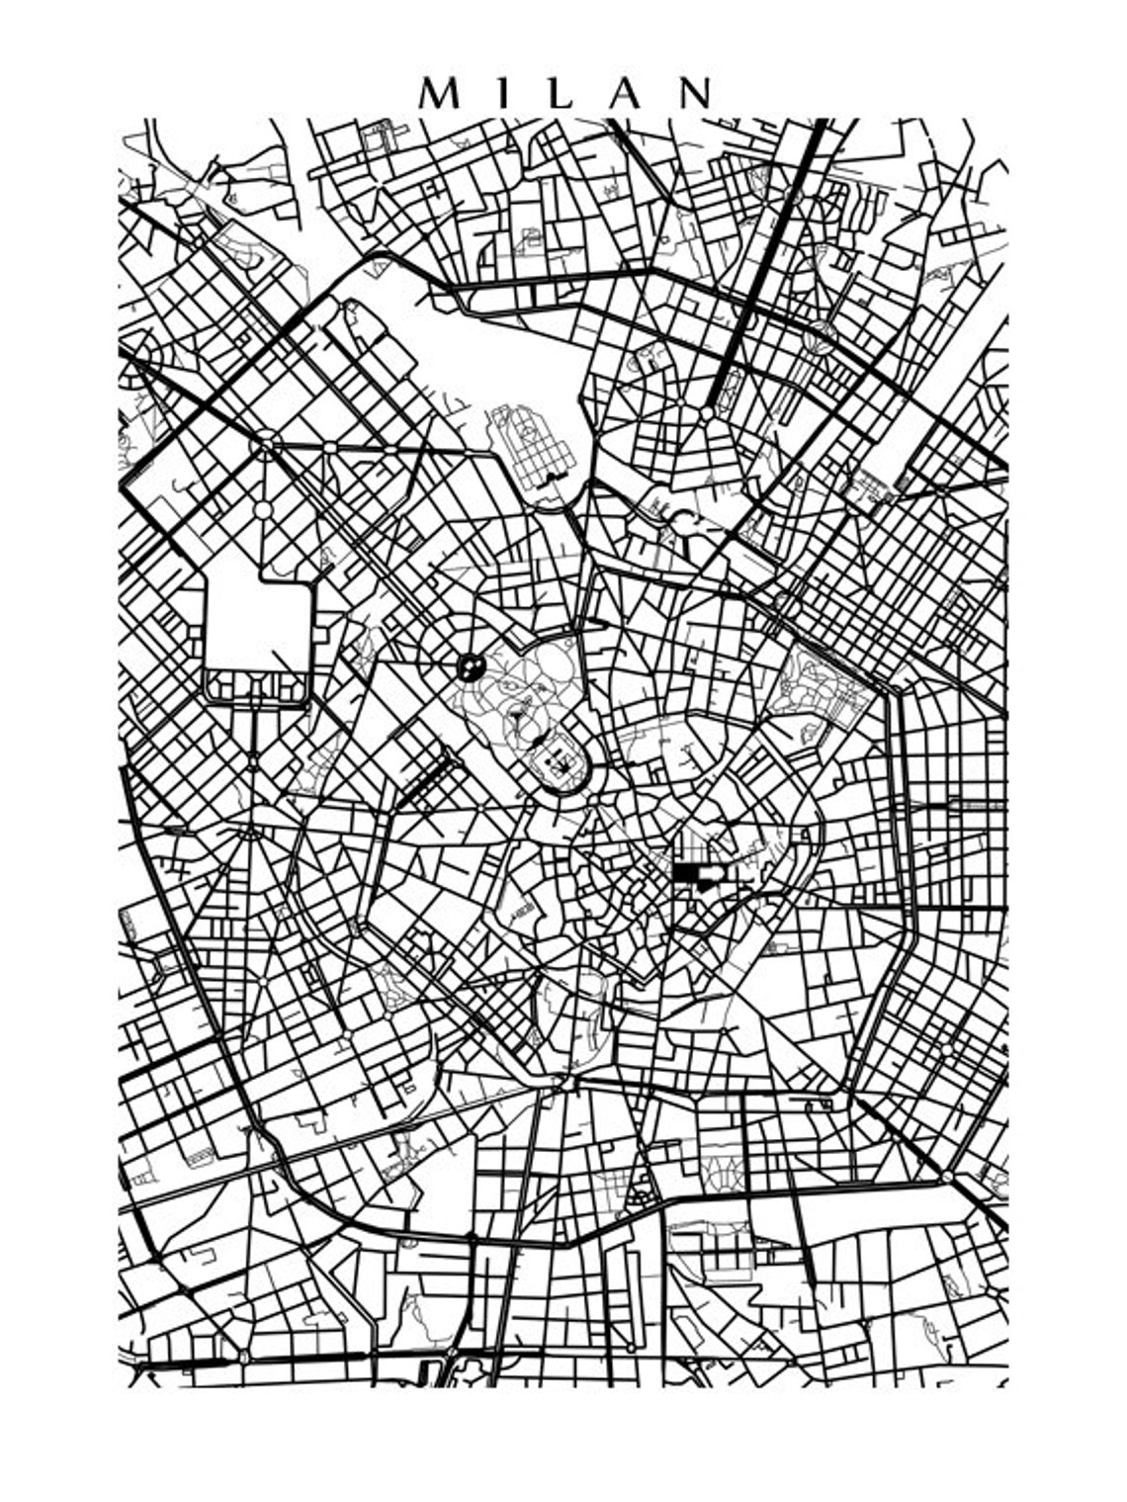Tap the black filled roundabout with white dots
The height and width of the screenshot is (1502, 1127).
470,665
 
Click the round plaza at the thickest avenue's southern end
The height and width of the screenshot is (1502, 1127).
709,411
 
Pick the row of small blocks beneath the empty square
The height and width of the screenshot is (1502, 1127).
256,686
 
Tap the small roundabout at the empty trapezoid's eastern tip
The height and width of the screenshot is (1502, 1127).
947,1178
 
